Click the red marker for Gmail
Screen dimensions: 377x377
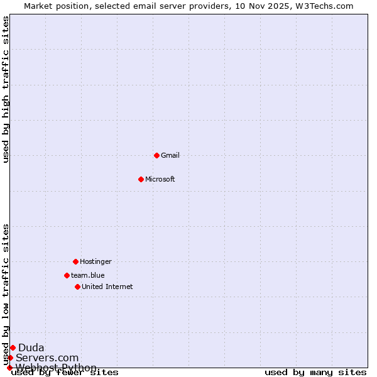156,155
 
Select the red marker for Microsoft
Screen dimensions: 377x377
141,179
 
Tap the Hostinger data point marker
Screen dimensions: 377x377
75,261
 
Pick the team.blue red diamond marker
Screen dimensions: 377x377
67,275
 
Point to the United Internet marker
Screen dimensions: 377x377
77,287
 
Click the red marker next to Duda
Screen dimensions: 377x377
13,347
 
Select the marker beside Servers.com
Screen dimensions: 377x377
10,358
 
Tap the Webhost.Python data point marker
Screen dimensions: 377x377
9,368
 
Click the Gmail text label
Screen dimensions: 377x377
170,155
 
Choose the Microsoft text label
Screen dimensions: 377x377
160,179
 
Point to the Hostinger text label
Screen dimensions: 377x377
96,261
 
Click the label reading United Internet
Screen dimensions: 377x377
107,287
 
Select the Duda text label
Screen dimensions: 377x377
31,347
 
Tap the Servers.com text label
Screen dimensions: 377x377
47,358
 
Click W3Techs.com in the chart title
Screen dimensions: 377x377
325,6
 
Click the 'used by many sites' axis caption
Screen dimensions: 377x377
315,372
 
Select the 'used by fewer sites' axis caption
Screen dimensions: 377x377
65,372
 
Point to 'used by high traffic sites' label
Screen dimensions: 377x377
6,89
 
